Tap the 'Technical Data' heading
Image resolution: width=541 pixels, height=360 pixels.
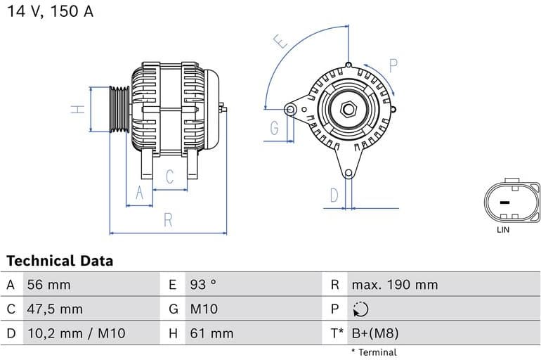pos(60,261)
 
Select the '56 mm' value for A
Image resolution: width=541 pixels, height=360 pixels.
pos(48,285)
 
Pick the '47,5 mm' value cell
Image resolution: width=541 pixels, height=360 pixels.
pos(54,309)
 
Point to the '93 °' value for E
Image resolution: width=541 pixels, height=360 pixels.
pos(203,285)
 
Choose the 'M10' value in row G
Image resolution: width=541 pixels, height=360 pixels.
pos(204,309)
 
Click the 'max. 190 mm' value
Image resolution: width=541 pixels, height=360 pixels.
pos(394,285)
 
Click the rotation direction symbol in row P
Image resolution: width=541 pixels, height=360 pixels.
pos(360,309)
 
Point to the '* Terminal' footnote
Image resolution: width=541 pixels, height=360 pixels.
pos(374,352)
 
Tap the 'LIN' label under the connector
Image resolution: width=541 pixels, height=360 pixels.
pos(503,230)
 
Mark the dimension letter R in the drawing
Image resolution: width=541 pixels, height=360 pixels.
pos(168,219)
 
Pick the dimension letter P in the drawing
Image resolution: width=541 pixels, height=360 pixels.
pos(393,66)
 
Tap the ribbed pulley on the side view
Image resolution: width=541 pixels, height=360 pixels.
pos(119,109)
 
